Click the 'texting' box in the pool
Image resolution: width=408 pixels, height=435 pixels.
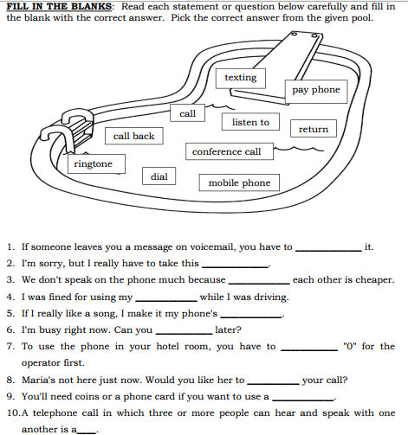click(240, 78)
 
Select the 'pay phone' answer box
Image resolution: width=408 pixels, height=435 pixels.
click(315, 90)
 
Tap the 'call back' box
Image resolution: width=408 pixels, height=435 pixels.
click(133, 137)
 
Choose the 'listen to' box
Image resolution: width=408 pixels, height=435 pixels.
click(250, 123)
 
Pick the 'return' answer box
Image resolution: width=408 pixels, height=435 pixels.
click(314, 130)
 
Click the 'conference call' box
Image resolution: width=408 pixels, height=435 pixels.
click(226, 152)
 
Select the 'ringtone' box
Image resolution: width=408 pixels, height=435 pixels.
click(93, 164)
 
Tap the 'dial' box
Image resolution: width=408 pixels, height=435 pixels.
click(159, 176)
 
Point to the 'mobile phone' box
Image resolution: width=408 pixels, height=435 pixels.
click(239, 183)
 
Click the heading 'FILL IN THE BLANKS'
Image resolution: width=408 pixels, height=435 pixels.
click(59, 6)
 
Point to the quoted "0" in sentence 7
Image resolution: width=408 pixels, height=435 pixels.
click(350, 347)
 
